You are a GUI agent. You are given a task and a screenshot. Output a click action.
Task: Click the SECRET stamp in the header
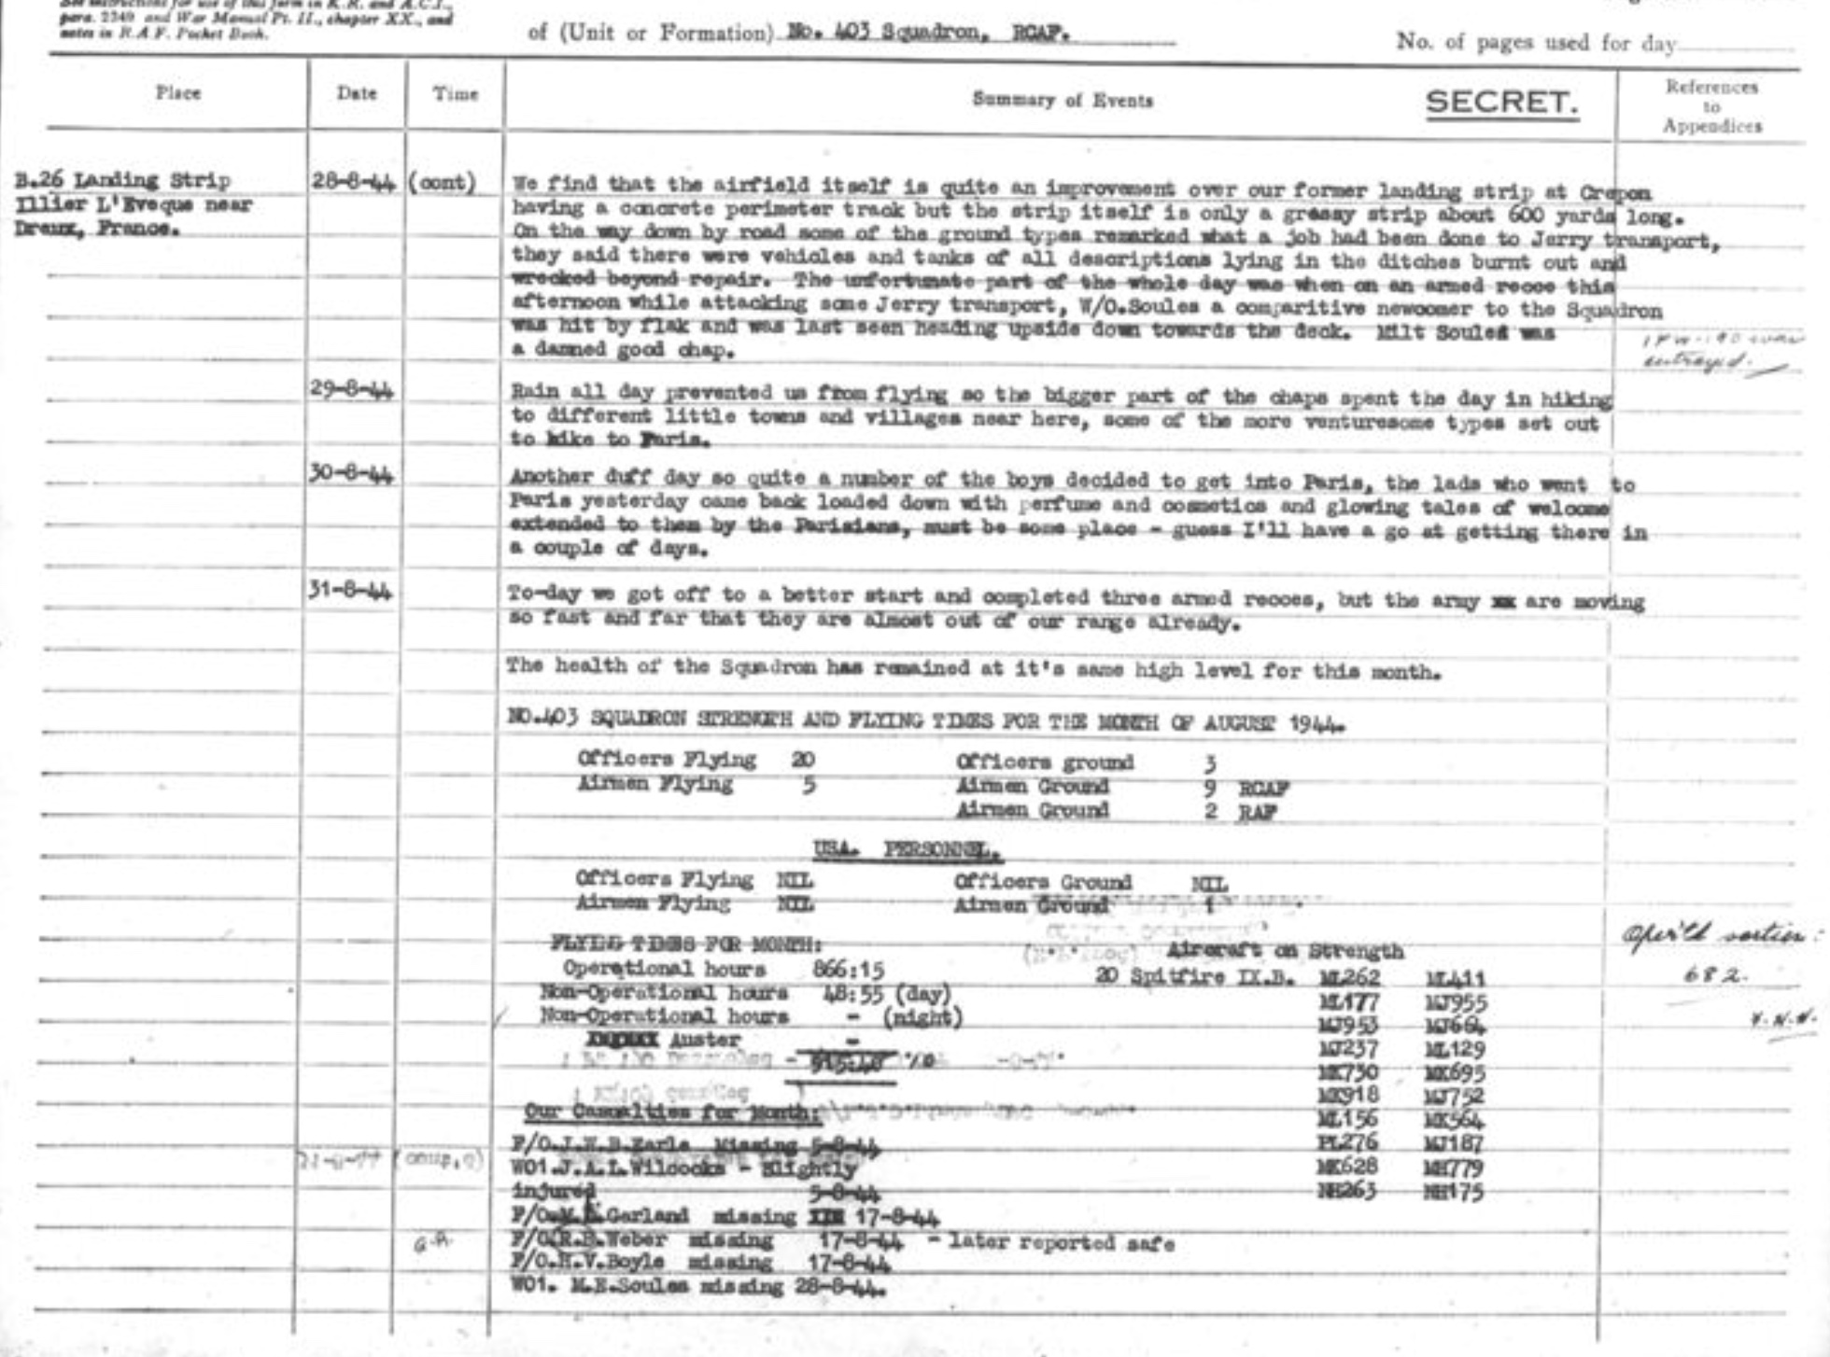[x=1501, y=102]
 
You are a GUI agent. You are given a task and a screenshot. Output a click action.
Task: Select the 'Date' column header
[x=357, y=93]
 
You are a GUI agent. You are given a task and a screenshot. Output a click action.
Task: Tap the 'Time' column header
[x=455, y=94]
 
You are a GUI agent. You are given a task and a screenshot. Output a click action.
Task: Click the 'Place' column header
[x=177, y=92]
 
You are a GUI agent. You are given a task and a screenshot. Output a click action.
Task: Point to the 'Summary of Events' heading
[x=1063, y=100]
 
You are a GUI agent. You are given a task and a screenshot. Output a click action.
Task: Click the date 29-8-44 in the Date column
[x=351, y=390]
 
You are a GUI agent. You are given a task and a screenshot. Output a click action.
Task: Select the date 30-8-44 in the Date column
[x=351, y=474]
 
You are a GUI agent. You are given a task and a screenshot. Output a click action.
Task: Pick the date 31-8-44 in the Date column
[x=351, y=591]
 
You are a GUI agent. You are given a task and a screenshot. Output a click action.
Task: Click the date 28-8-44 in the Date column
[x=351, y=181]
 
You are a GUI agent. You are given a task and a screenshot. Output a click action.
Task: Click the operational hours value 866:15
[x=848, y=969]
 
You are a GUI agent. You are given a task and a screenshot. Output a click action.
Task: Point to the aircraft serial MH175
[x=1455, y=1191]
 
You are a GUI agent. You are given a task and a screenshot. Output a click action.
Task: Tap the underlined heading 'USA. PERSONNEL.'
[x=907, y=851]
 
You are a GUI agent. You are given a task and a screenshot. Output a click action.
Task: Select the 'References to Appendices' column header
[x=1711, y=106]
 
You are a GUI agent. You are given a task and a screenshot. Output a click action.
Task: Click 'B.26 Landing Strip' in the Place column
[x=122, y=180]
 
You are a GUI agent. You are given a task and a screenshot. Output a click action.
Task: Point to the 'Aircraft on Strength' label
[x=1285, y=951]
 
